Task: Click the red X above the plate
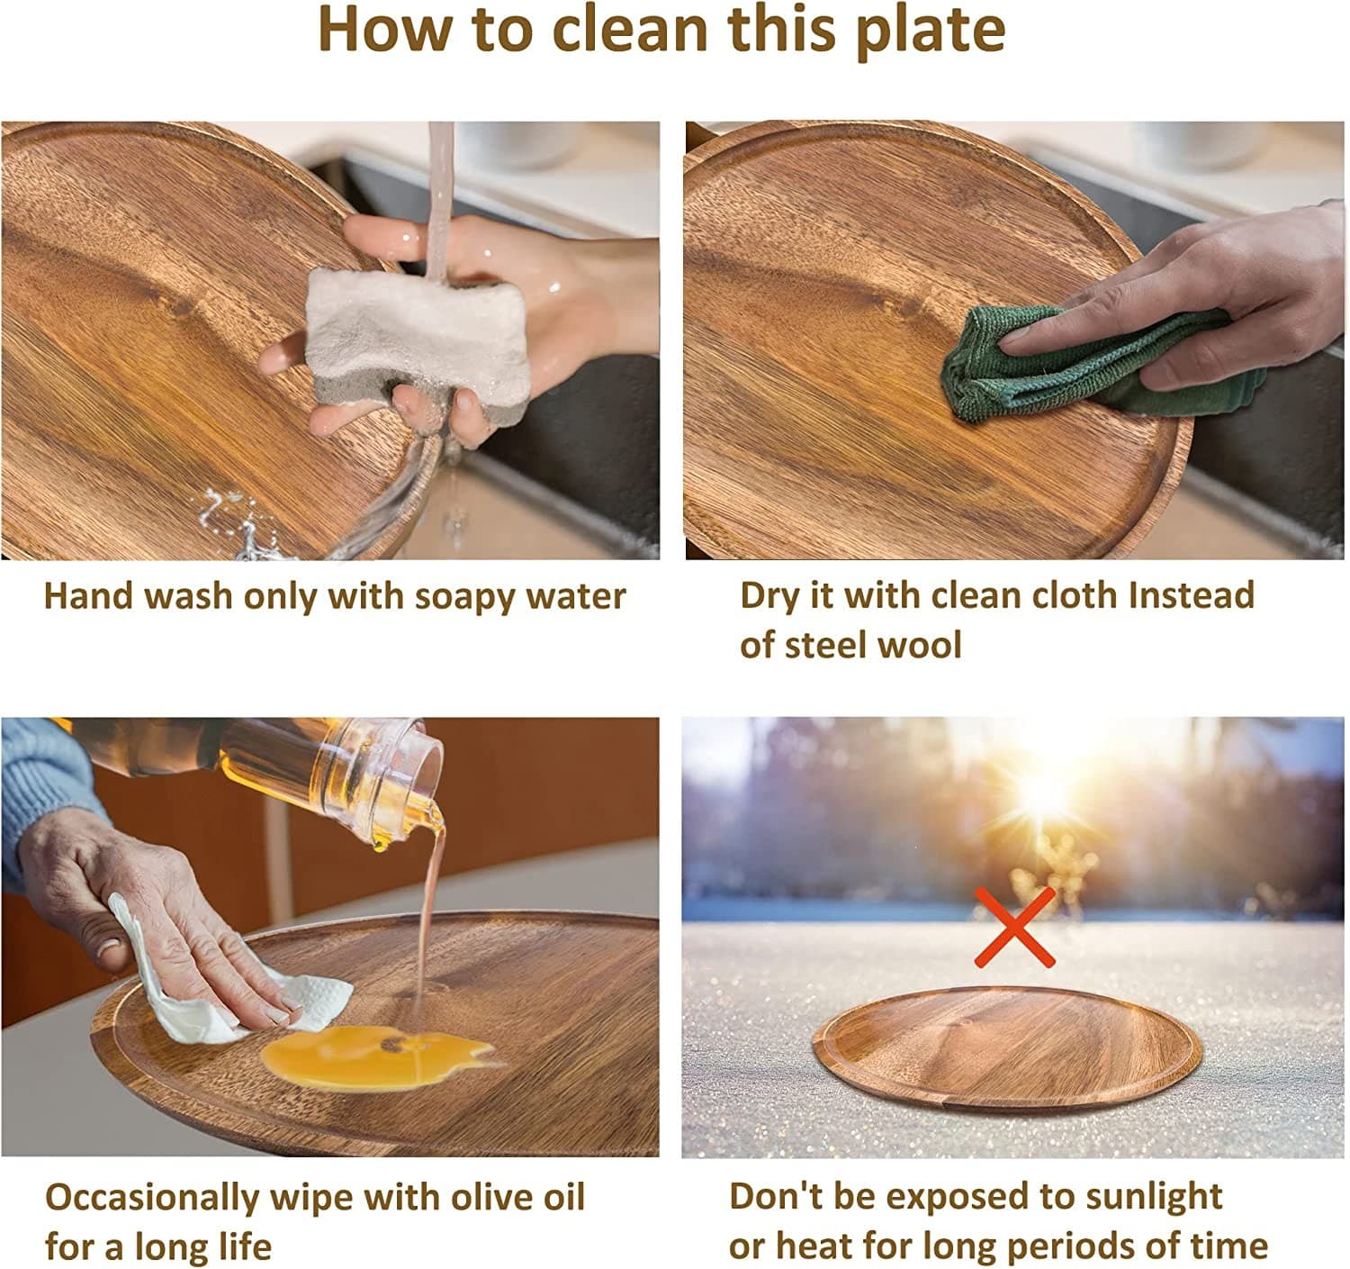click(1014, 928)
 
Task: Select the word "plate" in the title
click(931, 32)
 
